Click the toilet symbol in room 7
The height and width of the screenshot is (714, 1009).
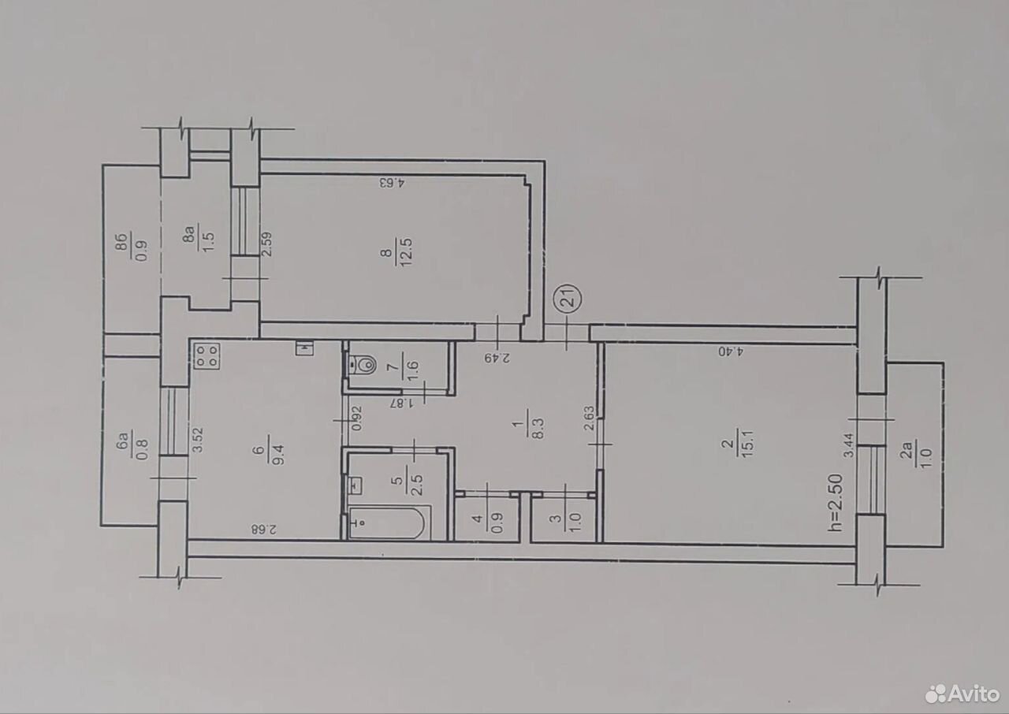[x=363, y=364]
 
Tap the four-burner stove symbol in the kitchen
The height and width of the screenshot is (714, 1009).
[x=207, y=356]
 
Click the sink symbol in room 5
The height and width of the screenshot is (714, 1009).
[x=358, y=485]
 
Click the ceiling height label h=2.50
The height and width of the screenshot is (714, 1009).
[x=835, y=503]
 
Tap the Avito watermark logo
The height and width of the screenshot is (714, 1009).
[x=962, y=694]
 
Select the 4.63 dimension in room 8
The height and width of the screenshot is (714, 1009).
[x=393, y=183]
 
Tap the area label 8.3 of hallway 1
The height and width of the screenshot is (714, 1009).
[x=538, y=428]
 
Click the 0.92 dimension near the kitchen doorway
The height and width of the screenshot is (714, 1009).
[x=356, y=419]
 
